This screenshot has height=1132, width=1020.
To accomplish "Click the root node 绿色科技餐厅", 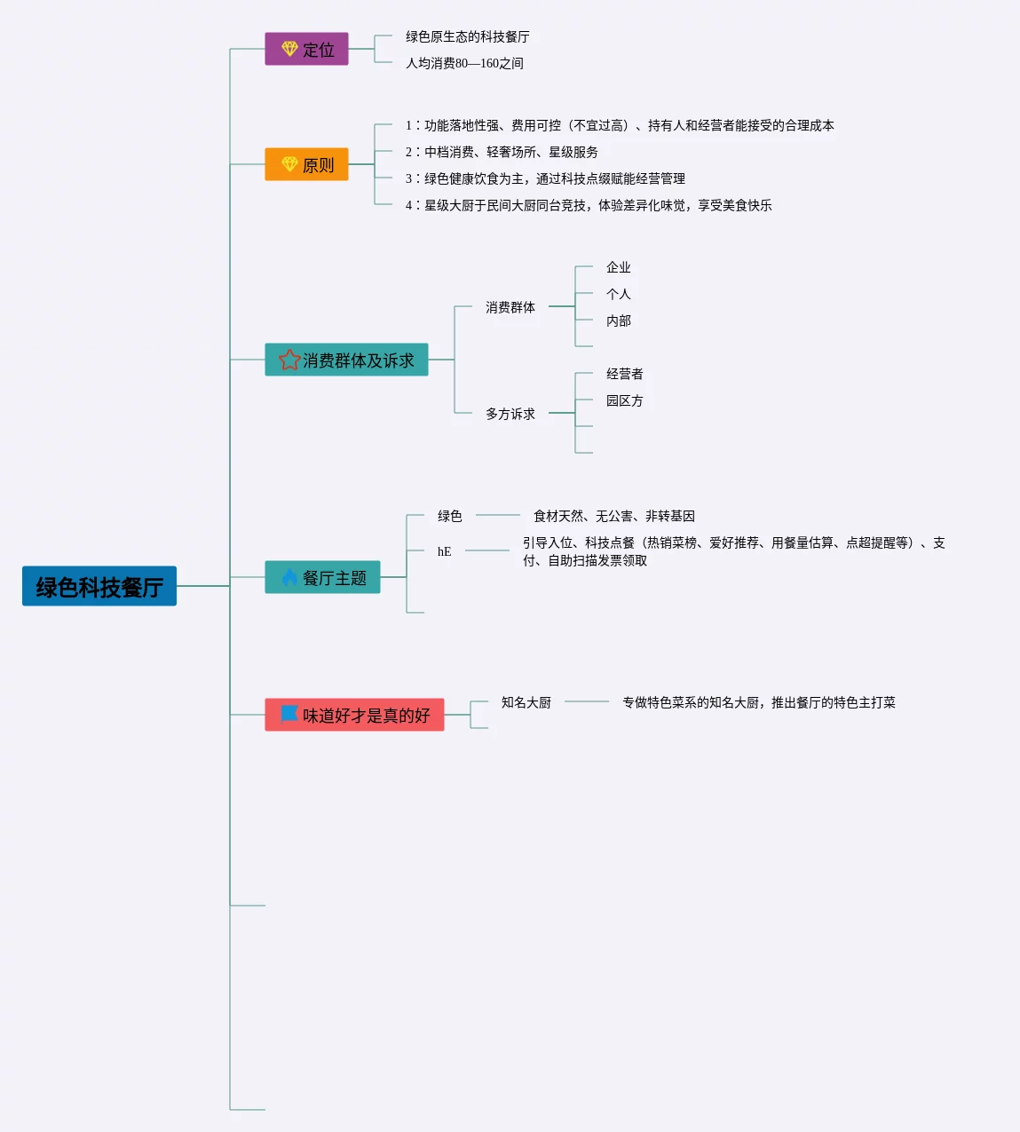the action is tap(99, 586).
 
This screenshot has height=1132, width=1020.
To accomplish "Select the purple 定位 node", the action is tap(306, 49).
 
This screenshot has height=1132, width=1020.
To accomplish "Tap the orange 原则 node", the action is tap(306, 164).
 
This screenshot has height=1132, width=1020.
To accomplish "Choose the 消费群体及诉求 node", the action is tap(346, 360).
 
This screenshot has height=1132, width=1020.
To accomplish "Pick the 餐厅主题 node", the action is tap(322, 577).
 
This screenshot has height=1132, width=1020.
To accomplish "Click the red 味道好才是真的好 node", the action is tap(354, 715).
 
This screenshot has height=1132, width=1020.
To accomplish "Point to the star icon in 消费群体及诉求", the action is tap(289, 360).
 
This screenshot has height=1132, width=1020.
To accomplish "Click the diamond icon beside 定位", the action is tap(289, 49).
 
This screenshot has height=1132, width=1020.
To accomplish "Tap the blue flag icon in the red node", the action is tap(289, 714).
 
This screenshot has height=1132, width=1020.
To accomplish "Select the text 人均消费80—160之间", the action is tap(464, 63).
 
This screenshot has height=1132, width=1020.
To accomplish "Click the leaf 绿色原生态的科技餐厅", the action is tap(467, 36).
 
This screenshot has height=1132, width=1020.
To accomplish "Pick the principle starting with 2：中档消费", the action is tap(502, 152).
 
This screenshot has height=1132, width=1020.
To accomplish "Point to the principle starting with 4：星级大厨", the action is tap(589, 205).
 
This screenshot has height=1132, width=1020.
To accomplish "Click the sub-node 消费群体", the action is tap(510, 307).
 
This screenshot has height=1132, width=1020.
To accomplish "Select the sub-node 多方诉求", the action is tap(510, 414).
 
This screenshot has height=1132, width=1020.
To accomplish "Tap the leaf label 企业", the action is tap(619, 267).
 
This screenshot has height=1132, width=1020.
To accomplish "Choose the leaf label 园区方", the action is tap(625, 400).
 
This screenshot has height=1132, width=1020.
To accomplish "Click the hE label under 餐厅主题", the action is tap(444, 551).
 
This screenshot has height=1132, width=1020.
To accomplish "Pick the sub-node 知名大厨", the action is tap(526, 702).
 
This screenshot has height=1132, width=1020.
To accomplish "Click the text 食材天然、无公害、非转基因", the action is tap(614, 516).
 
